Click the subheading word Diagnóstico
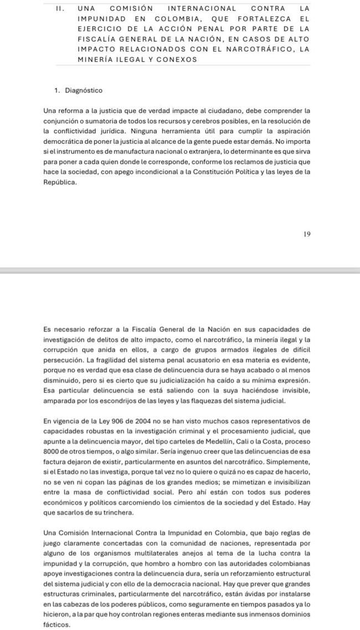coord(84,90)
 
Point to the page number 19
coord(307,234)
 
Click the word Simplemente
coord(287,463)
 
